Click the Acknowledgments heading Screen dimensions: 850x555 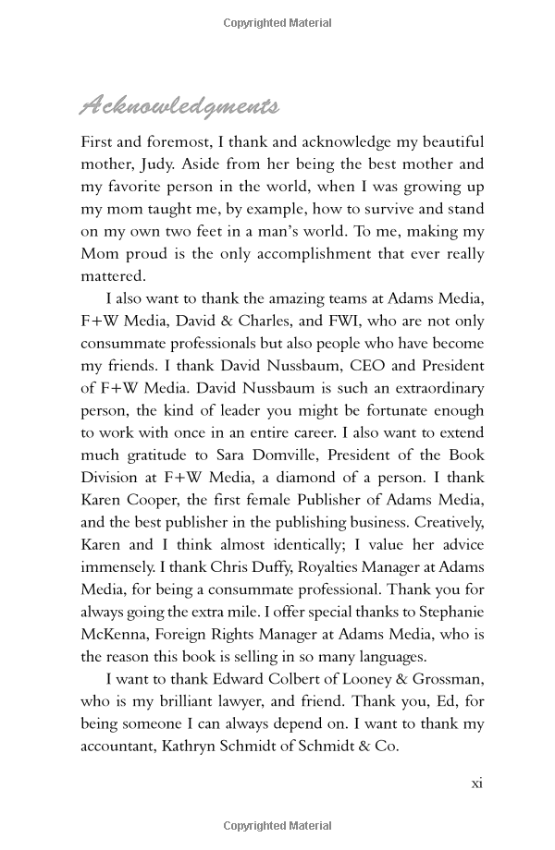coord(179,107)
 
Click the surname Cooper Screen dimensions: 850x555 coord(154,498)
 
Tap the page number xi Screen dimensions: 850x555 coord(476,783)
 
